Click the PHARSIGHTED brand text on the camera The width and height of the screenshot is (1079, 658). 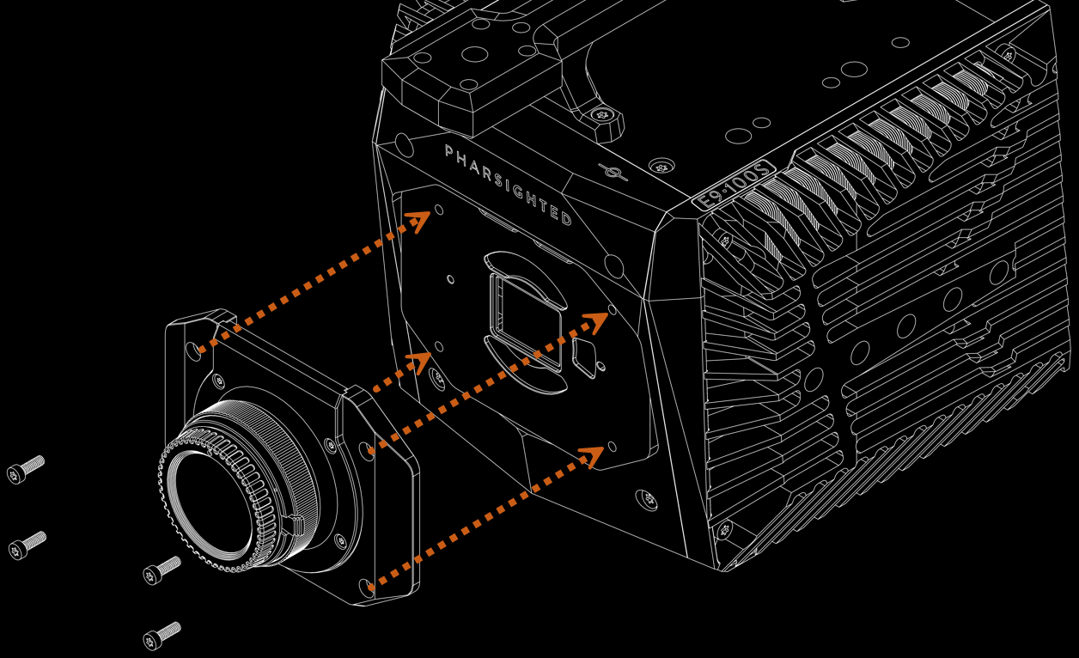pos(508,185)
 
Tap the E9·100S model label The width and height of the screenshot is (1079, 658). pos(734,184)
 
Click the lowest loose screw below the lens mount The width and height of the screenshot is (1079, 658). pos(162,636)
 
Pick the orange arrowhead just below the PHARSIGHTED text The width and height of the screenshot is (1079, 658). pos(418,221)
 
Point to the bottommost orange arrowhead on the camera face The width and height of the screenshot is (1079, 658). pos(593,454)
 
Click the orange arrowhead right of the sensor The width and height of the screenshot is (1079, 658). pos(594,321)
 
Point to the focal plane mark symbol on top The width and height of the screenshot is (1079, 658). pos(613,173)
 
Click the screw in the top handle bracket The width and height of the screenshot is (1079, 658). pos(601,113)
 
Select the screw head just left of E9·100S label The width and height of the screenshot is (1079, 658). pos(661,167)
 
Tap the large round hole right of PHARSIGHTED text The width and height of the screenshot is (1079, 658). pos(613,261)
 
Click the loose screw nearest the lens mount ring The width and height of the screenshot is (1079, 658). pos(162,569)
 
